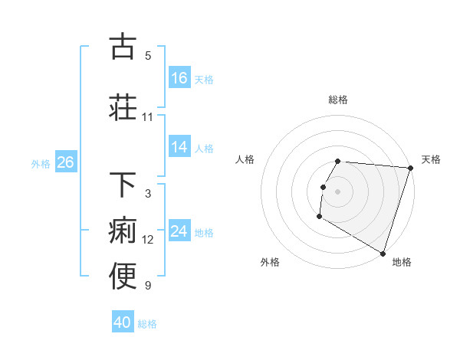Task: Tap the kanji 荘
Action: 123,106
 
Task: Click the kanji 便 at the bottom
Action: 123,276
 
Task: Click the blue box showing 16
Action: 179,77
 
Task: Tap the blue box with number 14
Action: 179,147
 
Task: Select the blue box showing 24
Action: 179,231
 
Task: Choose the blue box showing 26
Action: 65,162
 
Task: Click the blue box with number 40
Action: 123,322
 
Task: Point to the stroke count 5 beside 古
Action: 148,56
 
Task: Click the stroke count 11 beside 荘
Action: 148,117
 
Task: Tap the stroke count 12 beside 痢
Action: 148,240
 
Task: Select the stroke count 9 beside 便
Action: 148,286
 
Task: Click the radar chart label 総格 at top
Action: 338,100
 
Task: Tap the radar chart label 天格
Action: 431,159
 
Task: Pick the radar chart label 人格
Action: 245,159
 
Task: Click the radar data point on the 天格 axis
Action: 410,168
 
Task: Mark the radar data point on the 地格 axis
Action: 383,253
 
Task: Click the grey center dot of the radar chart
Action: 338,191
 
